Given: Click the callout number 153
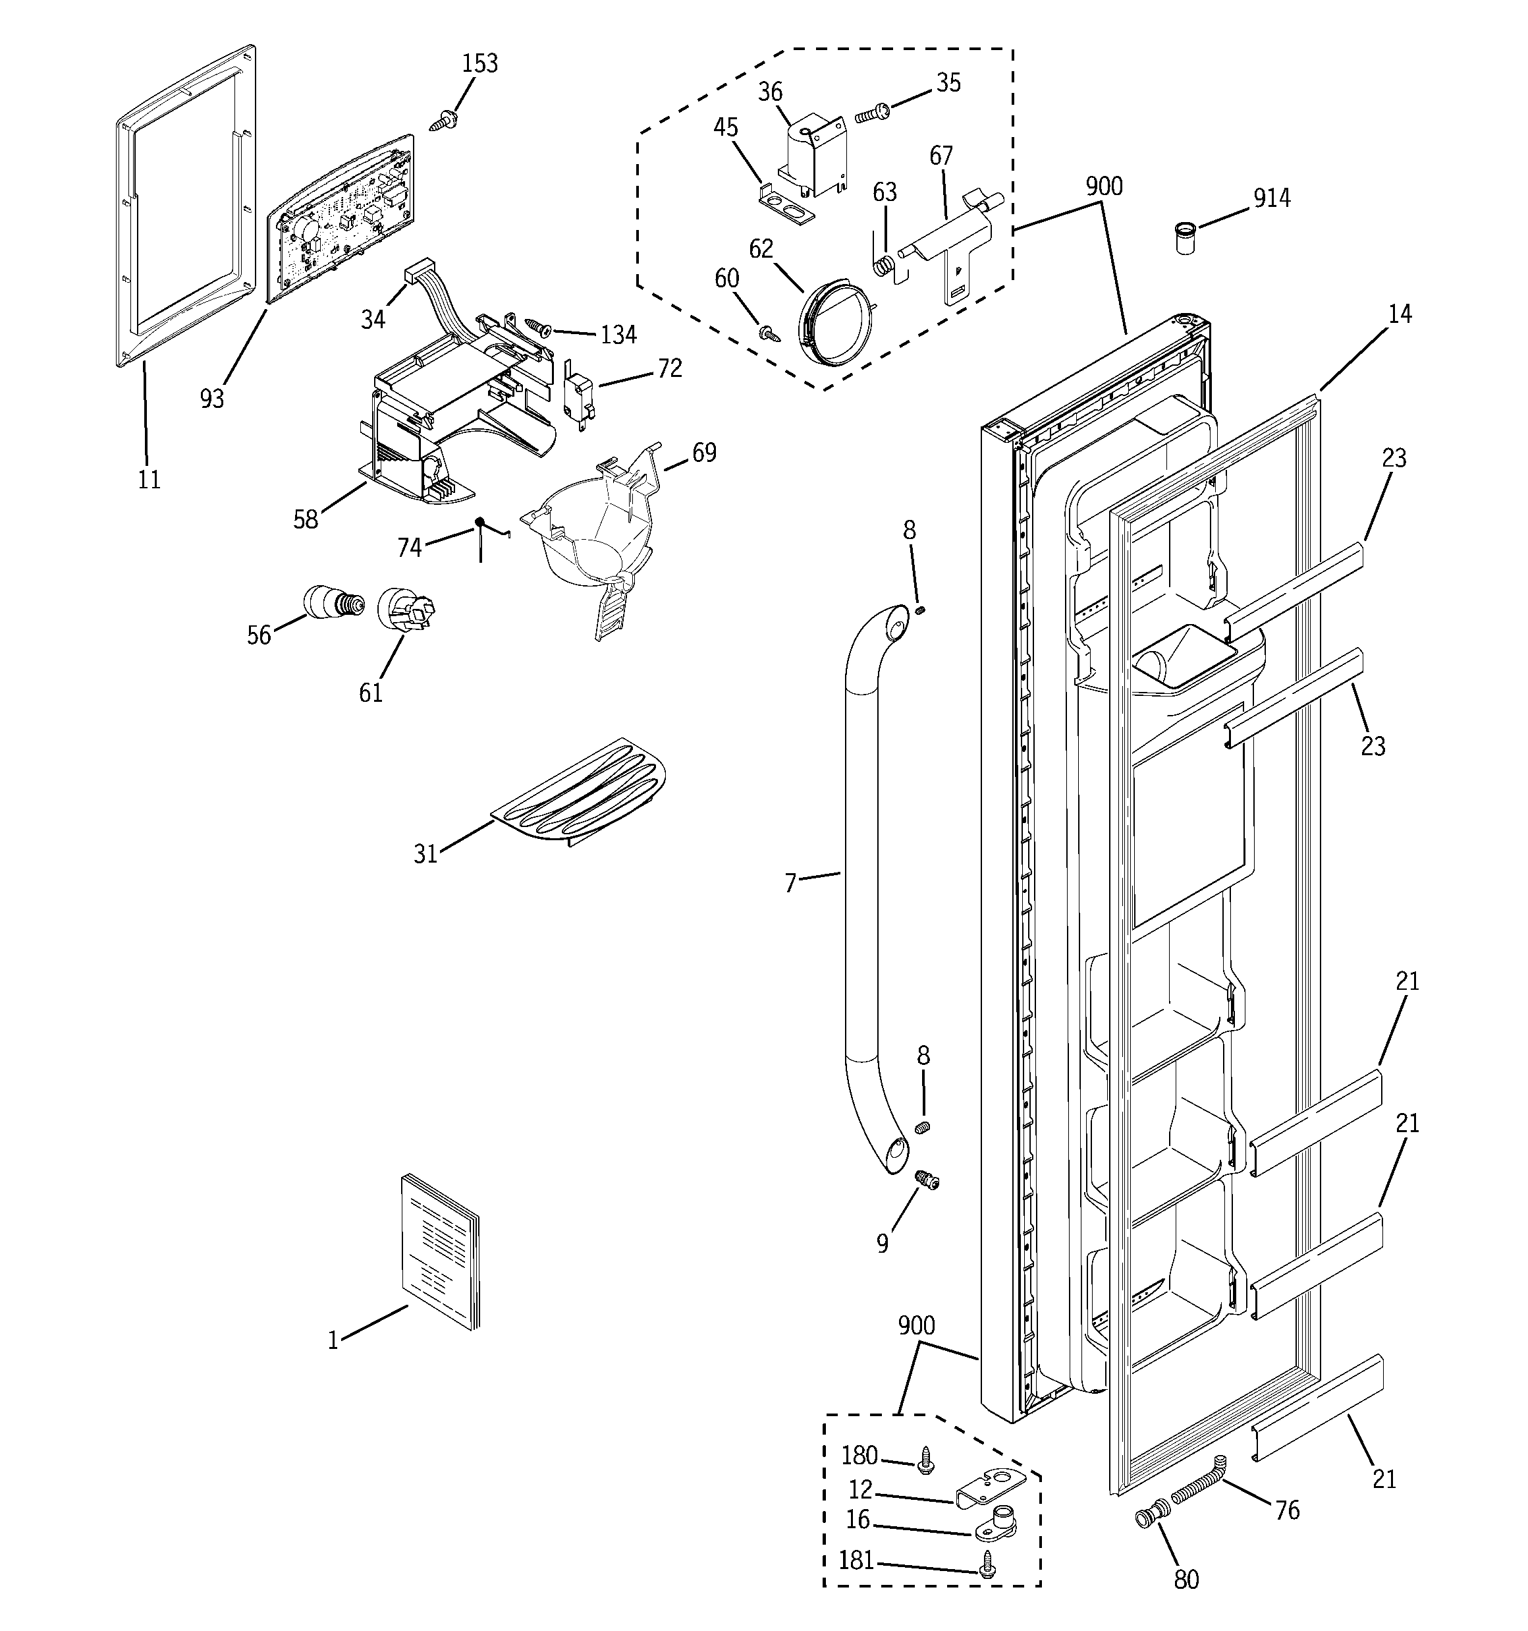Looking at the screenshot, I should [x=480, y=64].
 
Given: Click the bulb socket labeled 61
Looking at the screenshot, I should [x=404, y=612].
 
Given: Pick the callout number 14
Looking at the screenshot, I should [x=1400, y=314].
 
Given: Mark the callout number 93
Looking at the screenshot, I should [x=211, y=399].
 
